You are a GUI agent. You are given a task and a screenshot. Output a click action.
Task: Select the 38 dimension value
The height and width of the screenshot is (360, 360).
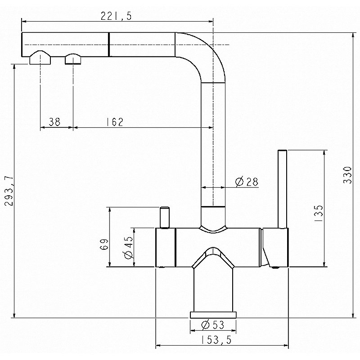click(x=54, y=122)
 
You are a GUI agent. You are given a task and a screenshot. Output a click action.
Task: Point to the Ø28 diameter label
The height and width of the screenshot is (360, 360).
click(x=246, y=182)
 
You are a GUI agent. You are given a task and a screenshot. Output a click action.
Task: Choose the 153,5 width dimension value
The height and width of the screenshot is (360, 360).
click(x=216, y=341)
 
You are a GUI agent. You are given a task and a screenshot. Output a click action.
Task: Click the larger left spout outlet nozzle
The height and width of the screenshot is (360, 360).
click(x=40, y=58)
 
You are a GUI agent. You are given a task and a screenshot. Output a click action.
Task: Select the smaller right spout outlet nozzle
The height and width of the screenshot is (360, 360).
click(x=72, y=59)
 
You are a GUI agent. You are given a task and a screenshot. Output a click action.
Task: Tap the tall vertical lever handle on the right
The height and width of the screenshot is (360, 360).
click(x=282, y=189)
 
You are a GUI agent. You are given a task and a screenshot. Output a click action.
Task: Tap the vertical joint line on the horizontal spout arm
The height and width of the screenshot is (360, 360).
click(x=108, y=44)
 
